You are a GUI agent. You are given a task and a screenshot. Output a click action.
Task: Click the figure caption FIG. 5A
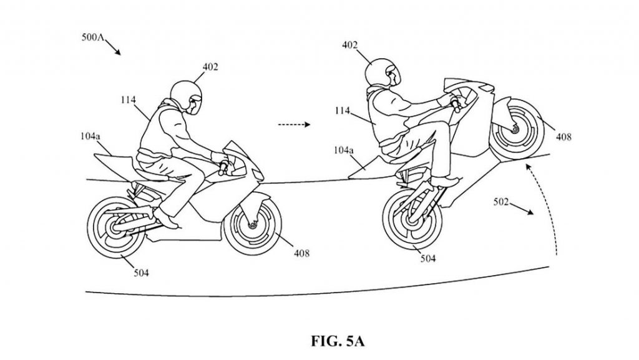(338, 341)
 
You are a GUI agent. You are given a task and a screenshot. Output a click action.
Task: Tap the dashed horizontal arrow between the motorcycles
(294, 124)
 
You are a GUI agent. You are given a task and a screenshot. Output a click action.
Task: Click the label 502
(501, 201)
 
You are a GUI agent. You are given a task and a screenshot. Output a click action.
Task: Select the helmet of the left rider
(186, 96)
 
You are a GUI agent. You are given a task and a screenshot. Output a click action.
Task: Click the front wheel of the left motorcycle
(253, 225)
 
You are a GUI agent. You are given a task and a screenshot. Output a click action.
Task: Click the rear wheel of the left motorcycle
(116, 227)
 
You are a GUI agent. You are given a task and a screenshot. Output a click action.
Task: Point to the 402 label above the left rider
(210, 66)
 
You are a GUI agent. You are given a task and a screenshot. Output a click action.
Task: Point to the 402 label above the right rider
(349, 44)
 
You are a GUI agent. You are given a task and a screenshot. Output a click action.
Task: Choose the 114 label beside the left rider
(128, 99)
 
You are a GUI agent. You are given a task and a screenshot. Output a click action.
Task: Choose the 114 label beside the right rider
(343, 110)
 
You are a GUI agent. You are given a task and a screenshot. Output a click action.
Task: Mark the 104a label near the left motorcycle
(90, 136)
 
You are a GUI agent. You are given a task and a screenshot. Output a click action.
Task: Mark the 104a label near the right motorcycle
(344, 150)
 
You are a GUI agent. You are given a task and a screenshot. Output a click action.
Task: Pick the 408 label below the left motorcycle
(301, 254)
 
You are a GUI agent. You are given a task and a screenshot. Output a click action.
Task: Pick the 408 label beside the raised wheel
(563, 137)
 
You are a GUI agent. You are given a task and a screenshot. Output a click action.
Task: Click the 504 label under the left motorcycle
(142, 272)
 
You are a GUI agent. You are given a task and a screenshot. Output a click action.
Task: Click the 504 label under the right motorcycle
(428, 258)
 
